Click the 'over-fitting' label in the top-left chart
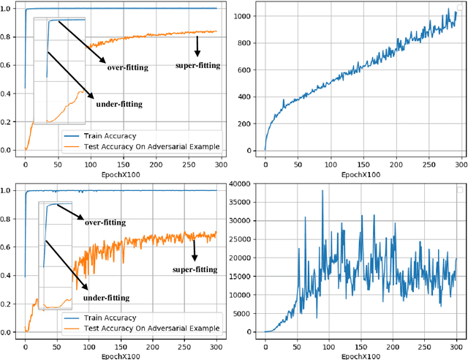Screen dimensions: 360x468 pyautogui.click(x=127, y=67)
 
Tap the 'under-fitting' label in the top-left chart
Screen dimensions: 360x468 pyautogui.click(x=118, y=104)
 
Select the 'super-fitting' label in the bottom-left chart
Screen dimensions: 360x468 pyautogui.click(x=195, y=269)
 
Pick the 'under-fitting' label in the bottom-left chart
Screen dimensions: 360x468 pyautogui.click(x=106, y=298)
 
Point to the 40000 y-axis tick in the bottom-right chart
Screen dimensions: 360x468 pyautogui.click(x=244, y=183)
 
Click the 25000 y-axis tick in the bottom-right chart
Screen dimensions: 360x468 pyautogui.click(x=244, y=239)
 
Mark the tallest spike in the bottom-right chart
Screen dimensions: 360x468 pyautogui.click(x=322, y=192)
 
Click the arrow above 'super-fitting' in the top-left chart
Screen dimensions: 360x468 pyautogui.click(x=197, y=47)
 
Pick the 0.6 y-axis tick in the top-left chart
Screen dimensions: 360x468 pyautogui.click(x=9, y=66)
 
